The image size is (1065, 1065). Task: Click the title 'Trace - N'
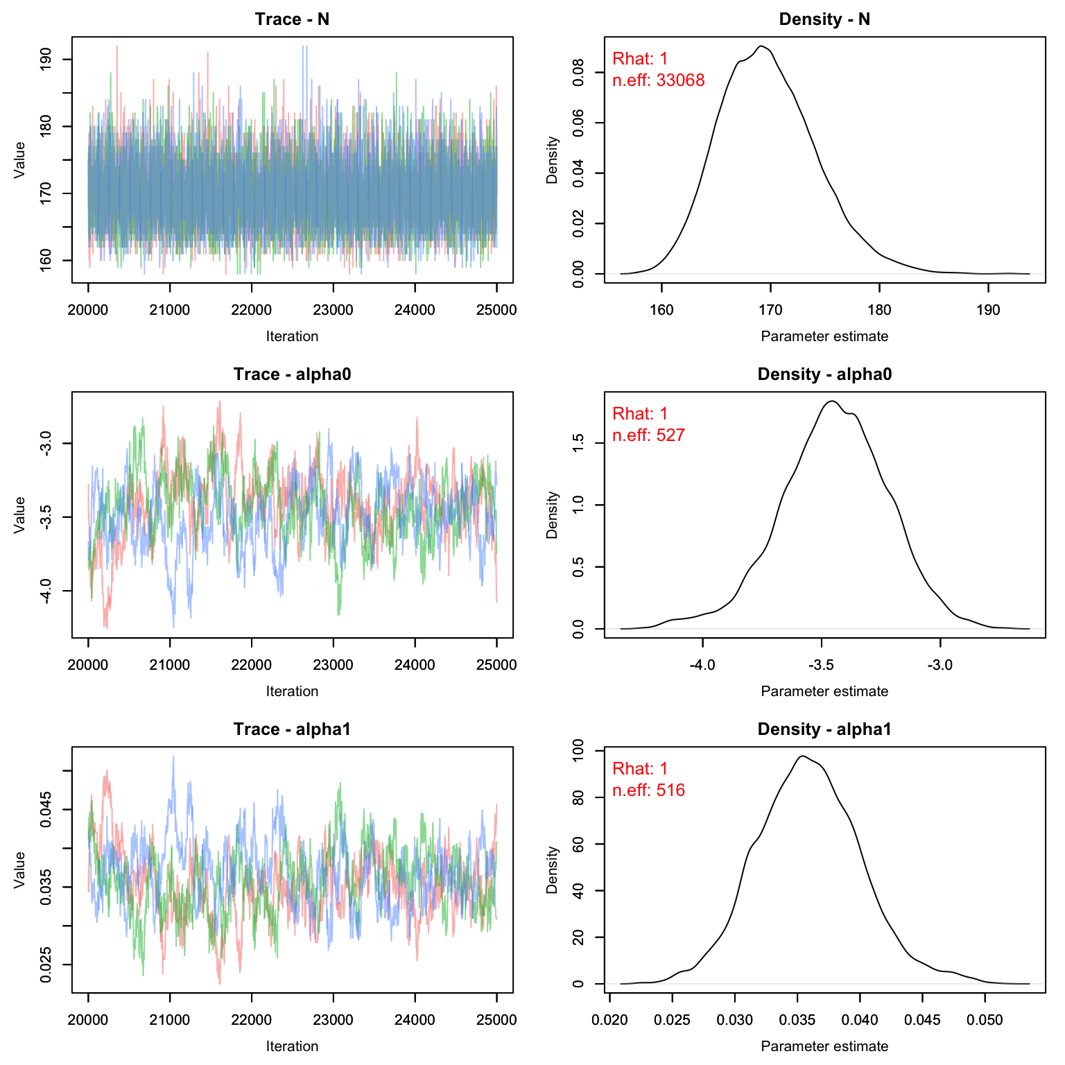[x=292, y=19]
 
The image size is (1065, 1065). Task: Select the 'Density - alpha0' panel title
[x=824, y=374]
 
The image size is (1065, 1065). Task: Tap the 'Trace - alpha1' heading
[x=292, y=729]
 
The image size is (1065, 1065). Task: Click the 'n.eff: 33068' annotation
[x=658, y=80]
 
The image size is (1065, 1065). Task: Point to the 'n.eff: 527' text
[x=648, y=435]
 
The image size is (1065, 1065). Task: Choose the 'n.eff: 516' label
[x=648, y=790]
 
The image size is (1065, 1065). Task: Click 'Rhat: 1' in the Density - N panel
[x=640, y=59]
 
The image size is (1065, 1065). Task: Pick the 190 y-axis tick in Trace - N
[x=46, y=60]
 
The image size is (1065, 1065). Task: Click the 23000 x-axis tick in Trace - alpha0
[x=333, y=665]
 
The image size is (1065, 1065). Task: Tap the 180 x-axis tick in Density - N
[x=879, y=310]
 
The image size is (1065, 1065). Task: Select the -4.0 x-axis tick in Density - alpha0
[x=702, y=665]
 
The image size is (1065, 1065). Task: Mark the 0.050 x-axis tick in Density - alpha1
[x=985, y=1020]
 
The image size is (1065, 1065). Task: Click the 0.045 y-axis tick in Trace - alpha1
[x=46, y=810]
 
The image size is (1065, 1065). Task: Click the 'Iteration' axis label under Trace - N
[x=292, y=336]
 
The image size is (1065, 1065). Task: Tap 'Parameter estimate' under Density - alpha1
[x=824, y=1046]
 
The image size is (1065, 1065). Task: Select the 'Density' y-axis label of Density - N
[x=553, y=160]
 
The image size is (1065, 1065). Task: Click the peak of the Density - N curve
[x=761, y=46]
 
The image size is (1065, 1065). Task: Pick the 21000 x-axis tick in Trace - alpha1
[x=169, y=1020]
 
